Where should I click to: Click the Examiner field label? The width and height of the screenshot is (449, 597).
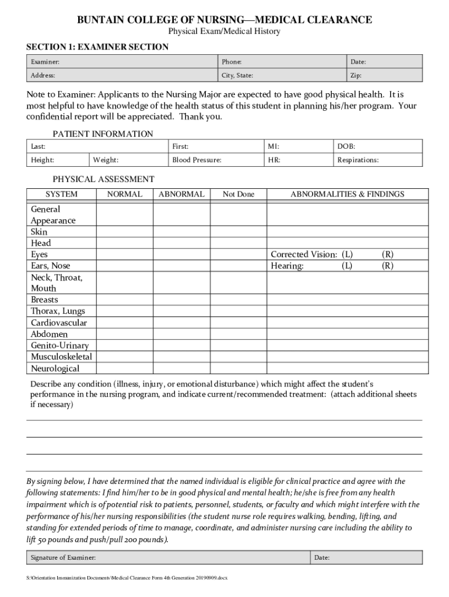(45, 61)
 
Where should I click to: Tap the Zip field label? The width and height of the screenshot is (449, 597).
(356, 76)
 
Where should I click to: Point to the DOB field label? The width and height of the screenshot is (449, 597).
(346, 147)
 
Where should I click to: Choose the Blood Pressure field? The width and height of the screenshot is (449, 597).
(216, 160)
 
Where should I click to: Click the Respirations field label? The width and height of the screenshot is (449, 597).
(357, 160)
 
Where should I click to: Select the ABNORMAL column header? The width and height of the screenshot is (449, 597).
(181, 194)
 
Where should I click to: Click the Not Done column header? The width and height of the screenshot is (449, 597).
(238, 194)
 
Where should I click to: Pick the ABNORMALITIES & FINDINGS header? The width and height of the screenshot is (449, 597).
(347, 194)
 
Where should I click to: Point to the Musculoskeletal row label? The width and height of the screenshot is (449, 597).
(61, 356)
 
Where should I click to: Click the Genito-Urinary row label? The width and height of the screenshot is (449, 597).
(59, 345)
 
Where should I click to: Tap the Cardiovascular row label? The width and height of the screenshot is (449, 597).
(58, 322)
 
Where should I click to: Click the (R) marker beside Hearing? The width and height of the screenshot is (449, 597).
(388, 266)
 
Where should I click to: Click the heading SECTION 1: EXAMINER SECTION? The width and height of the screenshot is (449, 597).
(97, 47)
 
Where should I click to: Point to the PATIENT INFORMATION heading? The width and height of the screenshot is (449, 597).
(103, 134)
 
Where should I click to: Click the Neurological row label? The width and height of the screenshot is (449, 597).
(55, 368)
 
